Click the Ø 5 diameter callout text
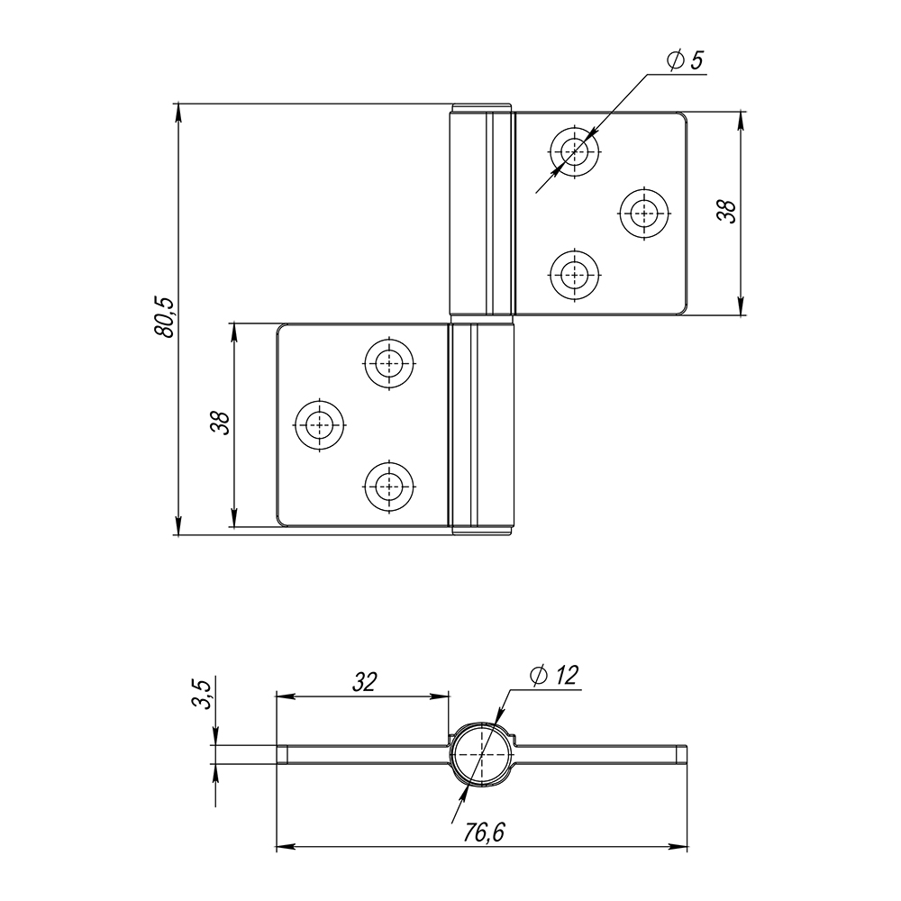pyautogui.click(x=686, y=60)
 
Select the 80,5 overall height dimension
pyautogui.click(x=164, y=317)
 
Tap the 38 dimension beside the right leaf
pyautogui.click(x=727, y=212)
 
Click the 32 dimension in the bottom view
pyautogui.click(x=364, y=682)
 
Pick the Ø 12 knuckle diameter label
pyautogui.click(x=554, y=675)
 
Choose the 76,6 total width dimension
pyautogui.click(x=484, y=833)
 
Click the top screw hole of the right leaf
pyautogui.click(x=575, y=151)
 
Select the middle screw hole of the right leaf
pyautogui.click(x=644, y=214)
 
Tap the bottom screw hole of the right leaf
pyautogui.click(x=575, y=275)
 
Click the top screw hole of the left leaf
pyautogui.click(x=389, y=363)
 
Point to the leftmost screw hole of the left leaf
pyautogui.click(x=320, y=425)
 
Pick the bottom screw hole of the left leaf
pyautogui.click(x=389, y=487)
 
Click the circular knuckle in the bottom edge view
pyautogui.click(x=481, y=754)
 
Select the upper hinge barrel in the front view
pyautogui.click(x=481, y=210)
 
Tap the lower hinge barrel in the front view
pyautogui.click(x=481, y=429)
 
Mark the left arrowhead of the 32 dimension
pyautogui.click(x=286, y=696)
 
